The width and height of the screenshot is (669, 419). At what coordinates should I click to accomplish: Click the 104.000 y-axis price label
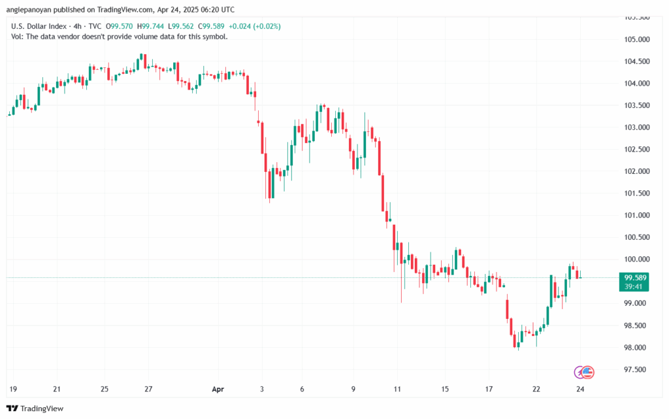636,84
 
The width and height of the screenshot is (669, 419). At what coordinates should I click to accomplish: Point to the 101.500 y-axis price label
636,193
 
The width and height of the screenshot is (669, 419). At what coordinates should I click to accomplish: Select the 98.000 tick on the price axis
636,348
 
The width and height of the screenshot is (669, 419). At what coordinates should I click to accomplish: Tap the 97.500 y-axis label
636,370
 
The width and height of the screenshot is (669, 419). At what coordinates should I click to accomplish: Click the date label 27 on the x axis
148,390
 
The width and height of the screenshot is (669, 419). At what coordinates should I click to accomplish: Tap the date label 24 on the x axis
579,390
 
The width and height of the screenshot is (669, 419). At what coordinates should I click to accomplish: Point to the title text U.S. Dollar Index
42,25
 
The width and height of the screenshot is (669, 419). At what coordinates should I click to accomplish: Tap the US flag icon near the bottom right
587,372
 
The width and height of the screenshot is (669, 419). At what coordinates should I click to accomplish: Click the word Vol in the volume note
18,37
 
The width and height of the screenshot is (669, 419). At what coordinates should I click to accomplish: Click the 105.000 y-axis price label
636,39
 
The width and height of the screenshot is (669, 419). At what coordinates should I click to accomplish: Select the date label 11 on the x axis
397,390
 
